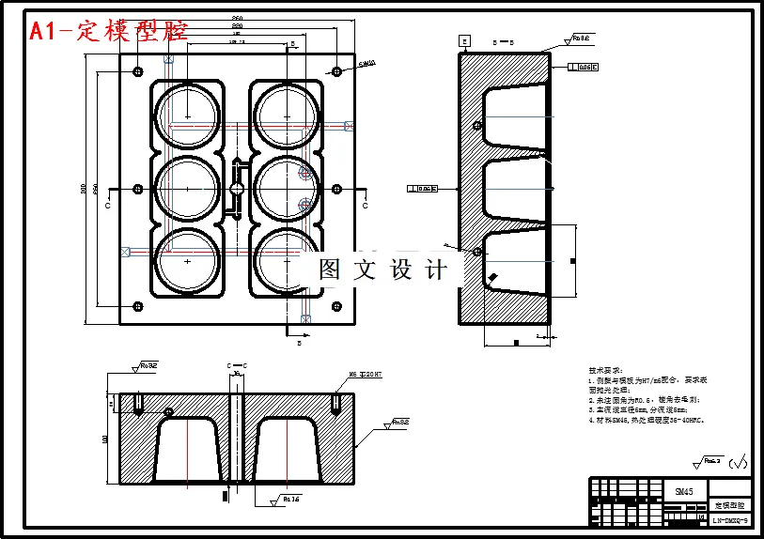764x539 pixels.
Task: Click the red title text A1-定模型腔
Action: tap(108, 31)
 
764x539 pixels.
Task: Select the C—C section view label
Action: tap(237, 364)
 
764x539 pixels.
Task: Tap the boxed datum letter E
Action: tap(463, 40)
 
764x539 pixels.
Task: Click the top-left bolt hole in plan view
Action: tap(138, 71)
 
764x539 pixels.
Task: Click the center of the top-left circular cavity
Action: tap(188, 116)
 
